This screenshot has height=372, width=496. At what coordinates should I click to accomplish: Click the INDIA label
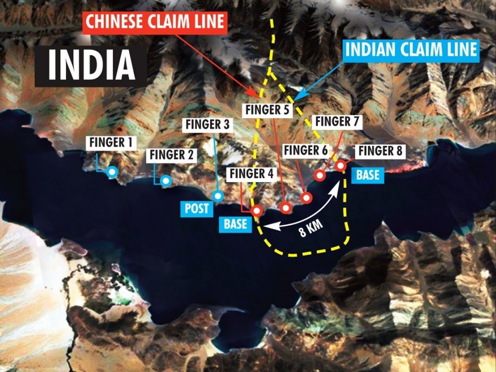pyautogui.click(x=91, y=65)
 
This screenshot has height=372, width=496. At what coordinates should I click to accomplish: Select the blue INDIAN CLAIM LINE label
pyautogui.click(x=411, y=50)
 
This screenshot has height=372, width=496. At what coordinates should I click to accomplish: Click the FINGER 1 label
pyautogui.click(x=110, y=143)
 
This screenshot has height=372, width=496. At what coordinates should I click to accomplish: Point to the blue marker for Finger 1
pyautogui.click(x=112, y=172)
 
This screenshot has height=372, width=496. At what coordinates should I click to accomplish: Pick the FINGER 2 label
pyautogui.click(x=172, y=155)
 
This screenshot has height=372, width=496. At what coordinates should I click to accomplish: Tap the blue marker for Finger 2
pyautogui.click(x=165, y=181)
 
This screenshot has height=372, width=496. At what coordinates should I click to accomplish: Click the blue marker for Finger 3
pyautogui.click(x=217, y=196)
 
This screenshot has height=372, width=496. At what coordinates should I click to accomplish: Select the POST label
pyautogui.click(x=197, y=208)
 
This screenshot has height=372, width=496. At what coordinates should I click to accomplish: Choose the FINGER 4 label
pyautogui.click(x=252, y=174)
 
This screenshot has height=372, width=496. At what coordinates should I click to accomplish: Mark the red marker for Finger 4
pyautogui.click(x=258, y=210)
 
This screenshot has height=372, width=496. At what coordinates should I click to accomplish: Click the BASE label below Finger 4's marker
pyautogui.click(x=236, y=224)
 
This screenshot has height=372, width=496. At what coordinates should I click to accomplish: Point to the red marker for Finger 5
pyautogui.click(x=285, y=207)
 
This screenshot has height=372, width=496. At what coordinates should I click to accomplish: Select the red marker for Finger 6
pyautogui.click(x=306, y=198)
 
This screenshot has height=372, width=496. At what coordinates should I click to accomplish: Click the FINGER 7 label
pyautogui.click(x=338, y=121)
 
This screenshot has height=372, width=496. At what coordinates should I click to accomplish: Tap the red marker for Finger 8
pyautogui.click(x=340, y=165)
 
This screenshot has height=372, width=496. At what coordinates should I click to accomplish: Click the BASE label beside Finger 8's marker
pyautogui.click(x=368, y=175)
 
